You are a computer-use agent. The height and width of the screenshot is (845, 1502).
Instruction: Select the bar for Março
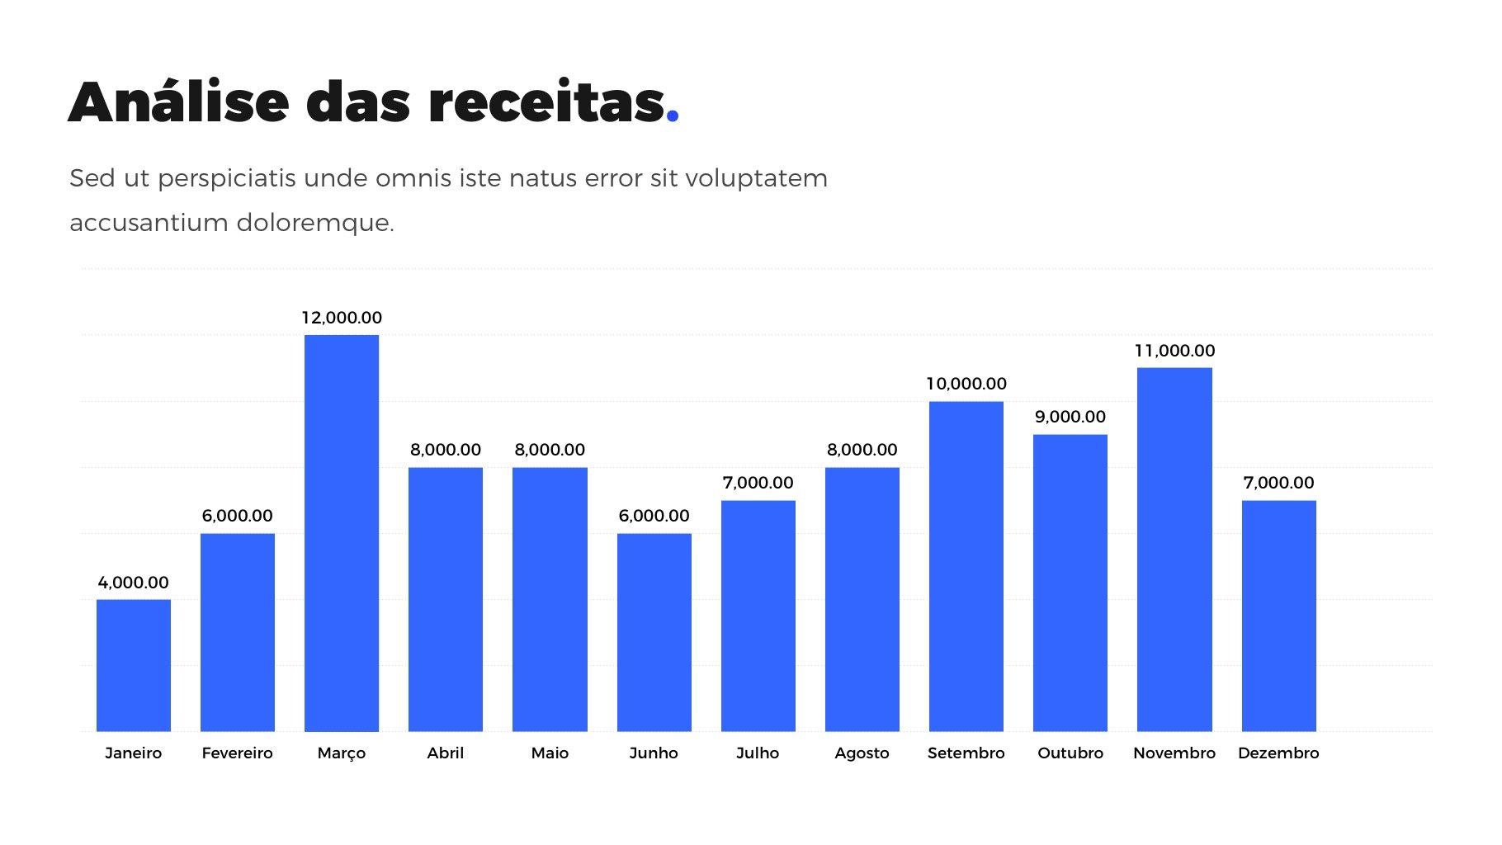click(x=341, y=533)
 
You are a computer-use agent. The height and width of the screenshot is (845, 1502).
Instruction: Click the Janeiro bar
click(x=133, y=665)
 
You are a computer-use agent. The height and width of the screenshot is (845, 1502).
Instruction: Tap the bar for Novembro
click(x=1174, y=550)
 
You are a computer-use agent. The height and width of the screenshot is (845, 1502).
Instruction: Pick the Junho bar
click(x=654, y=632)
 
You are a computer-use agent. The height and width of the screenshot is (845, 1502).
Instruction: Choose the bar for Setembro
click(x=966, y=566)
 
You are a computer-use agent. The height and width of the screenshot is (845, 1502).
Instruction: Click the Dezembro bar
click(x=1278, y=616)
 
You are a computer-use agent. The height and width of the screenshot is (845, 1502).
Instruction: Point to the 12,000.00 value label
click(x=341, y=318)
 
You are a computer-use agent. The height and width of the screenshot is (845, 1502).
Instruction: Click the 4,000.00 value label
click(x=133, y=583)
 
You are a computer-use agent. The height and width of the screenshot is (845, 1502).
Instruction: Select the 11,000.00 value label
click(x=1174, y=351)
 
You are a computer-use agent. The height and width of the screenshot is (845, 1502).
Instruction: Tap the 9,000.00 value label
click(x=1070, y=417)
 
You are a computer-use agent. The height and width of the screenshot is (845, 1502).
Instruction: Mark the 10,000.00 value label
click(x=966, y=384)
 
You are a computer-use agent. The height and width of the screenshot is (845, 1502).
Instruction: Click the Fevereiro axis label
click(x=237, y=753)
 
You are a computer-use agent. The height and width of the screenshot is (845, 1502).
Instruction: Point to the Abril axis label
click(x=445, y=753)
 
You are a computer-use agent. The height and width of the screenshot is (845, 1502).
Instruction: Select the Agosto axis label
click(x=862, y=753)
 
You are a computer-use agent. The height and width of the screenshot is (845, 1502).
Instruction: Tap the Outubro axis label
click(x=1070, y=753)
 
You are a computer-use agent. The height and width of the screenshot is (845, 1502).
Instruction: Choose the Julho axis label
click(x=758, y=753)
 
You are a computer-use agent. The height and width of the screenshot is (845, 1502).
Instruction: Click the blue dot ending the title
click(x=673, y=116)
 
